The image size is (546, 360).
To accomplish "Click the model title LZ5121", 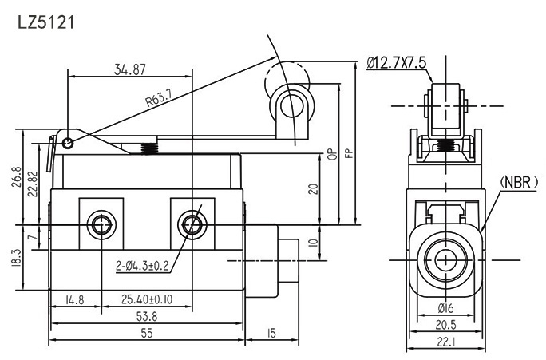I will (x=45, y=22).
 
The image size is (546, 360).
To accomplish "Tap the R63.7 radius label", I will (x=160, y=101).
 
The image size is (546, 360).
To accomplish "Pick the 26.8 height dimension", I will (x=18, y=178).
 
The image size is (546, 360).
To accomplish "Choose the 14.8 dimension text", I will (x=74, y=301).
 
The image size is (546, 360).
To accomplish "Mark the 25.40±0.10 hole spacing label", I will (x=147, y=301).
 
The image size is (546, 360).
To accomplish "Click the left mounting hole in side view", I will (x=101, y=224).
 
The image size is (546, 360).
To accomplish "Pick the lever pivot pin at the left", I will (x=69, y=143).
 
